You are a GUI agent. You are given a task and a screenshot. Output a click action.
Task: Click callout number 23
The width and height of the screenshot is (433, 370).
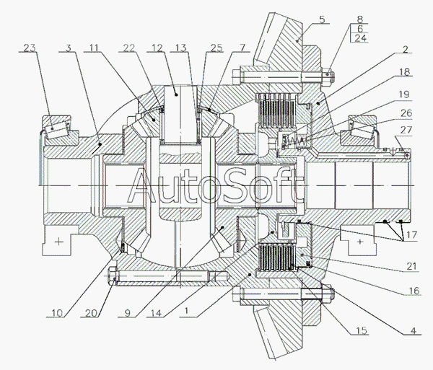coord(30,48)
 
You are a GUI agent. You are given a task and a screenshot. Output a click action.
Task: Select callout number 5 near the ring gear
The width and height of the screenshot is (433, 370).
coord(322,19)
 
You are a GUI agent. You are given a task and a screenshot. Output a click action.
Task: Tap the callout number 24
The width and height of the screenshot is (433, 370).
coord(360,38)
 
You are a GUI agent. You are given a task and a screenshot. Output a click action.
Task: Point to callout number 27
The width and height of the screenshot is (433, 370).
coord(406,130)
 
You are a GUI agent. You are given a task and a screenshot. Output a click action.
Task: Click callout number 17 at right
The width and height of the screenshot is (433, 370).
coord(411,235)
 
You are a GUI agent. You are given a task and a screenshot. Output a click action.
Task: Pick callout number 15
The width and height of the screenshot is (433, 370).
coord(362,330)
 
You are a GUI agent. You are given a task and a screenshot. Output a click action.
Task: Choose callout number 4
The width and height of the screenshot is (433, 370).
coord(413,330)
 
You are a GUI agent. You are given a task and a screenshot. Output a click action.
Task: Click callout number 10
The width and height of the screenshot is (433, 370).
coord(57,313)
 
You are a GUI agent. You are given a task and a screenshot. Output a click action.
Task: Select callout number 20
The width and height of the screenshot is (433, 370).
coord(91,313)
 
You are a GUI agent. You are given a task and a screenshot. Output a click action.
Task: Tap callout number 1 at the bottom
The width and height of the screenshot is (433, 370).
coord(187,311)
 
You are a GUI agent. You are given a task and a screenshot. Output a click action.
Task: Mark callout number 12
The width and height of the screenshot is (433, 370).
coord(157,48)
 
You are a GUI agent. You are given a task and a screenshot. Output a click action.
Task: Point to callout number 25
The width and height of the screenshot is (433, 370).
coord(216,48)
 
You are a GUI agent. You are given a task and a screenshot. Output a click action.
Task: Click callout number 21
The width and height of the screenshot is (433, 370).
coord(411,266)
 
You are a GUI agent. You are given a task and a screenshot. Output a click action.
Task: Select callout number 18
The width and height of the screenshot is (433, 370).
coord(405,71)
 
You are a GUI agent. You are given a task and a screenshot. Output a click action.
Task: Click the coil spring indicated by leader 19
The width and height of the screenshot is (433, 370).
coord(296,141)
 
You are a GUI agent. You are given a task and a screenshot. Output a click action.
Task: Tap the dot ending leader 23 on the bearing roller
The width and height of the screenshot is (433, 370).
coord(52,128)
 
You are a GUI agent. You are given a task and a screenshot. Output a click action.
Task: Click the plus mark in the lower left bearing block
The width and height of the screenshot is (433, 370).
coord(59,242)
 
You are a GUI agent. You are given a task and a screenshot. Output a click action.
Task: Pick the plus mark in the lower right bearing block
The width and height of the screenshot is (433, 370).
coord(359,242)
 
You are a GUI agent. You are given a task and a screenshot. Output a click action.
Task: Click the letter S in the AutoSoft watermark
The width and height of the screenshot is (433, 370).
coord(237,185)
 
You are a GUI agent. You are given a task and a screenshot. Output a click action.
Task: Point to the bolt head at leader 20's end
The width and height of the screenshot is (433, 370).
coord(113,276)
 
